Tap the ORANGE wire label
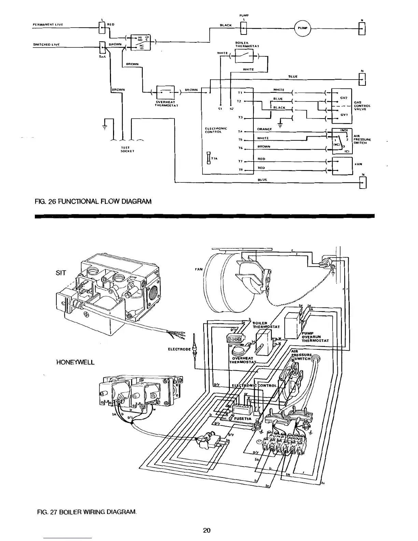[264, 129]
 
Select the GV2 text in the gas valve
[344, 98]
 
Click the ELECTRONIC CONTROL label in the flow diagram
[214, 130]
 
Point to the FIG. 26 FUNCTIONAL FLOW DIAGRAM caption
[93, 201]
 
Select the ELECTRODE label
[179, 349]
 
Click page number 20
[206, 530]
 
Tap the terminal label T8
[240, 169]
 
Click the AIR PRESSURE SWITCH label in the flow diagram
[362, 139]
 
